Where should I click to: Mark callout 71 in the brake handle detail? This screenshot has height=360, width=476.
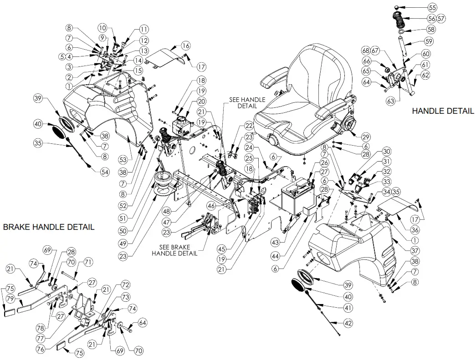pos(87,262)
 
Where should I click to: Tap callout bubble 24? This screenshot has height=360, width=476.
pos(247,147)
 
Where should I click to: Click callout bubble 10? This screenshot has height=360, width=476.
pos(102,28)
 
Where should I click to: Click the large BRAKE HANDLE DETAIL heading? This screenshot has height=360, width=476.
pos(49,227)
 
